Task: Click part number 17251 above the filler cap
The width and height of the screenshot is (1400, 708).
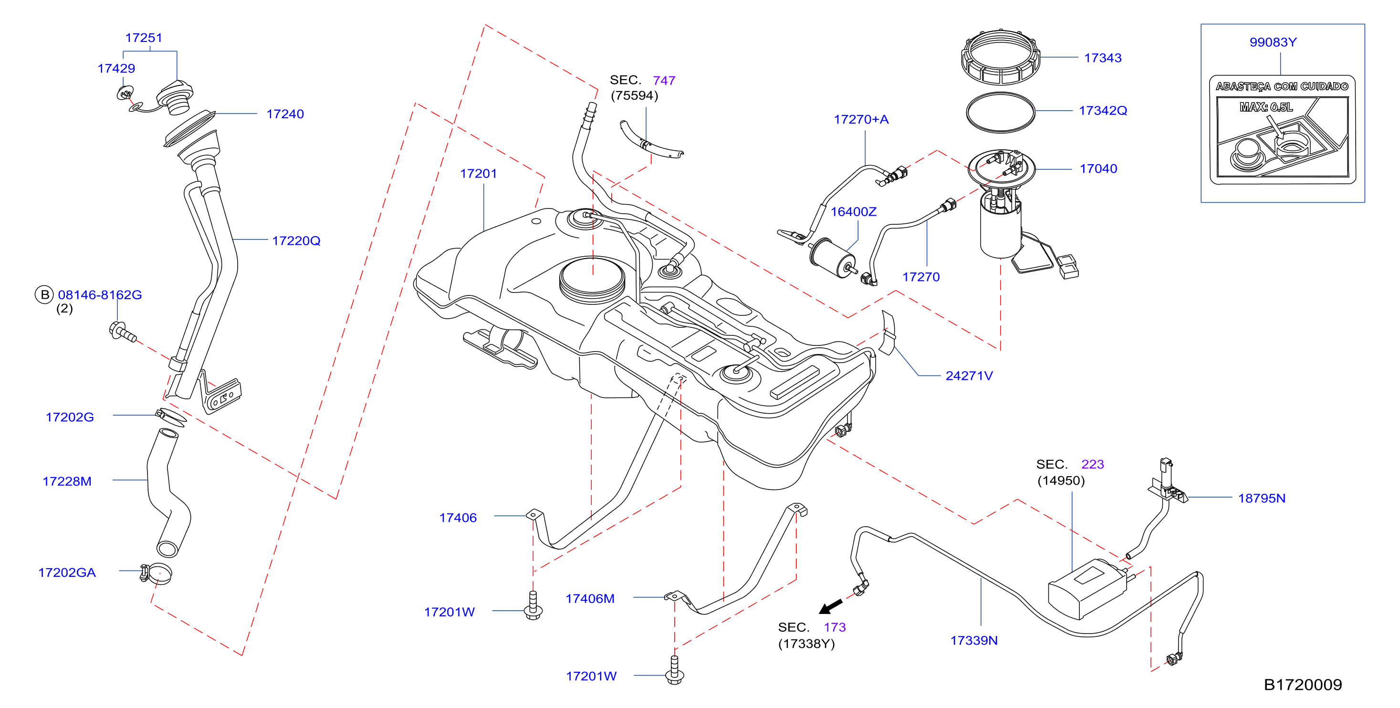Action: tap(144, 38)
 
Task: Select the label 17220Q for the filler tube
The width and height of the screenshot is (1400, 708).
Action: tap(296, 241)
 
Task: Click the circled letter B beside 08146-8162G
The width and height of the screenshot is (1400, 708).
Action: tap(44, 294)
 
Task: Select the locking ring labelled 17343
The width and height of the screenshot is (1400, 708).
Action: tap(1000, 58)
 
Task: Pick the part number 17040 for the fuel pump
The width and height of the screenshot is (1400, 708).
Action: tap(1098, 168)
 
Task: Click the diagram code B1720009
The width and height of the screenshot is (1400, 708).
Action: tap(1303, 685)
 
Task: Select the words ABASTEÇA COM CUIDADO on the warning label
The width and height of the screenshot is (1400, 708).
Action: tap(1282, 86)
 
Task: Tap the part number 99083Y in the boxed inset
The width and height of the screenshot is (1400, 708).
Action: tap(1273, 42)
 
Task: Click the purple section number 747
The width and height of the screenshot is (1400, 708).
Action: tap(664, 81)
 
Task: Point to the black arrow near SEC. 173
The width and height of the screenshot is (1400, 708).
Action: tap(830, 606)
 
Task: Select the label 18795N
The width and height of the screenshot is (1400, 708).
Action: tap(1262, 498)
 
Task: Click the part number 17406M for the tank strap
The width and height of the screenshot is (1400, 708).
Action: tap(590, 598)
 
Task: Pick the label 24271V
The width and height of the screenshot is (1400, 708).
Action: tap(969, 375)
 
